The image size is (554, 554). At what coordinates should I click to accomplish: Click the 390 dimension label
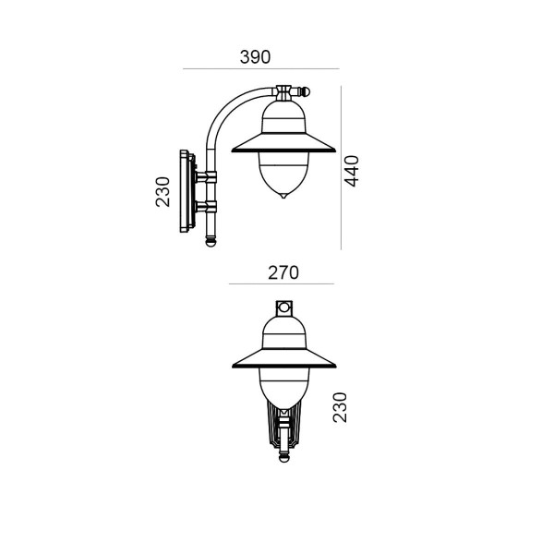click(255, 57)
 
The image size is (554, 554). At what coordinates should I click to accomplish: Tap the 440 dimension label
click(352, 171)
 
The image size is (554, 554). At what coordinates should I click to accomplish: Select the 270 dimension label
click(283, 272)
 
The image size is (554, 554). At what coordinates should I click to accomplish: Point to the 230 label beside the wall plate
click(163, 192)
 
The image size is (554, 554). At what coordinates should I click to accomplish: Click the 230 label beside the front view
click(340, 407)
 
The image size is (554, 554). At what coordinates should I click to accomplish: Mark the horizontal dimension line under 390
click(261, 69)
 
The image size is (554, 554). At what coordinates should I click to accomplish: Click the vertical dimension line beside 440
click(341, 167)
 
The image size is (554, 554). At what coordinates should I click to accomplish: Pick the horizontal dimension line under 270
click(282, 283)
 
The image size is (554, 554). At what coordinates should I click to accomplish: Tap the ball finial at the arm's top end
click(305, 92)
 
